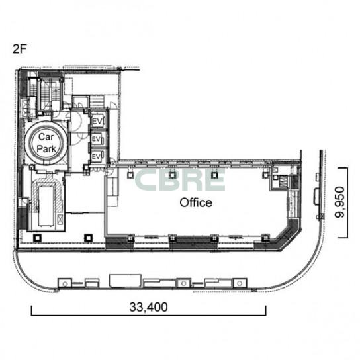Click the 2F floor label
pyautogui.click(x=20, y=49)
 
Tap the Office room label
pyautogui.click(x=196, y=202)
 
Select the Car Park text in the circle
pyautogui.click(x=46, y=143)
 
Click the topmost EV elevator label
pyautogui.click(x=97, y=122)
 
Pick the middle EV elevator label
pyautogui.click(x=96, y=139)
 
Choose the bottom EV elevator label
pyautogui.click(x=96, y=157)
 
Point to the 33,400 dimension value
pyautogui.click(x=148, y=307)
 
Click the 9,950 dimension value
pyautogui.click(x=339, y=202)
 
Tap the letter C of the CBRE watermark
pyautogui.click(x=146, y=180)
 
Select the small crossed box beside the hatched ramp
pyautogui.click(x=60, y=218)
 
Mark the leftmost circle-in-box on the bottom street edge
pyautogui.click(x=65, y=283)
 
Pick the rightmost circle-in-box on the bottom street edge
pyautogui.click(x=240, y=283)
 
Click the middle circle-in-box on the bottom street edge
pyautogui.click(x=183, y=283)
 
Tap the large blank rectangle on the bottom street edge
pyautogui.click(x=125, y=281)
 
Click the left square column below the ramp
pyautogui.click(x=37, y=238)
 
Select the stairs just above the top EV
pyautogui.click(x=97, y=102)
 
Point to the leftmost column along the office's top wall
pyautogui.click(x=130, y=175)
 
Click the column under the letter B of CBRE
pyautogui.click(x=173, y=175)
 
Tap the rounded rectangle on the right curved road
pyautogui.click(x=316, y=197)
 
